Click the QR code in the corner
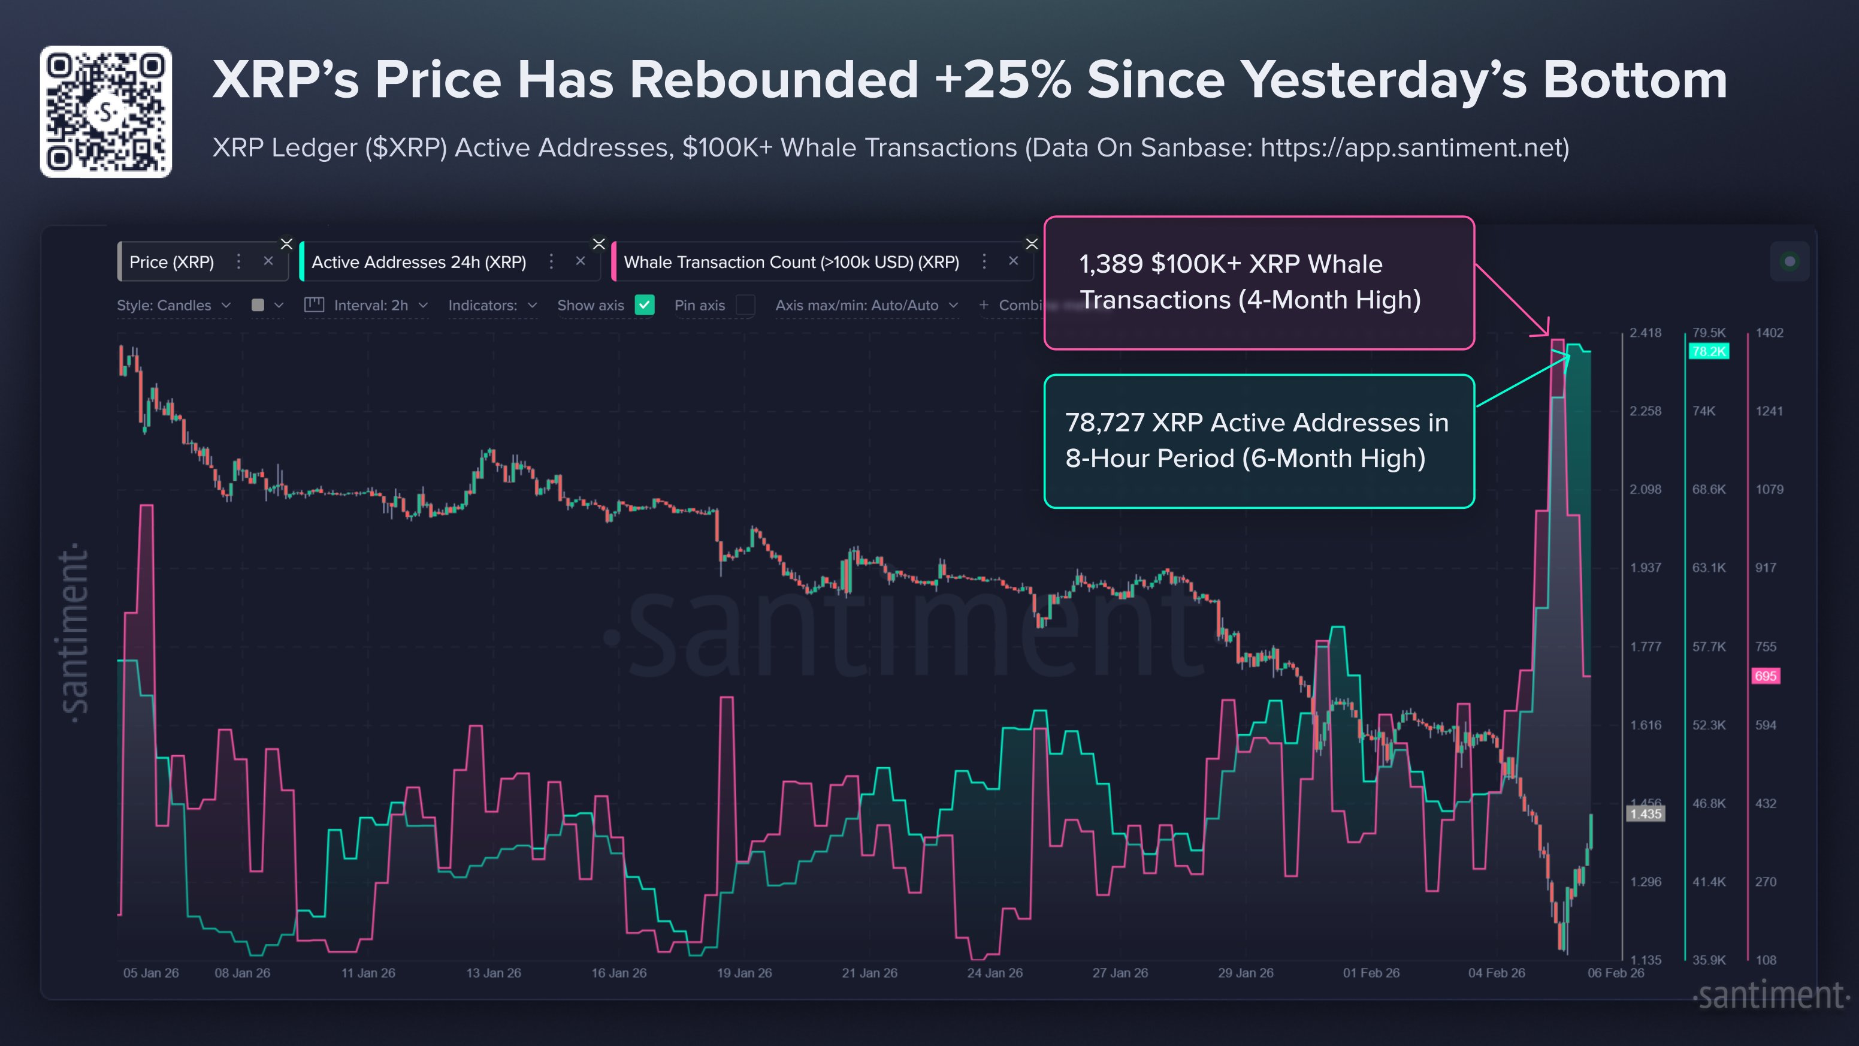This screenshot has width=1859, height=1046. click(x=106, y=112)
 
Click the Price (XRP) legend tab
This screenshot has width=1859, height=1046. click(x=172, y=262)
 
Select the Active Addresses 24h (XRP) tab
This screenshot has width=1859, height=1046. click(x=419, y=262)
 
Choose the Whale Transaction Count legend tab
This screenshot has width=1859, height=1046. click(x=791, y=262)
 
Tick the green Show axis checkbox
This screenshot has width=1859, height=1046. click(x=645, y=305)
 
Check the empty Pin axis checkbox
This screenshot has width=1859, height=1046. click(x=745, y=305)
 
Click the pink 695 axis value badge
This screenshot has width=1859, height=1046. click(x=1765, y=676)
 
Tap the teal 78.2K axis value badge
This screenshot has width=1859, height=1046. click(x=1708, y=351)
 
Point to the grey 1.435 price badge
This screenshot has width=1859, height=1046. click(x=1645, y=814)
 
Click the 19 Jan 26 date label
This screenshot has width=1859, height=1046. click(x=744, y=973)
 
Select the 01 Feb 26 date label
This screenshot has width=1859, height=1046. click(x=1370, y=973)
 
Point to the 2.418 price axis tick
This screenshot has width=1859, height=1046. click(x=1645, y=333)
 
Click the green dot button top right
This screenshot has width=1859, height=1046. click(x=1789, y=261)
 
